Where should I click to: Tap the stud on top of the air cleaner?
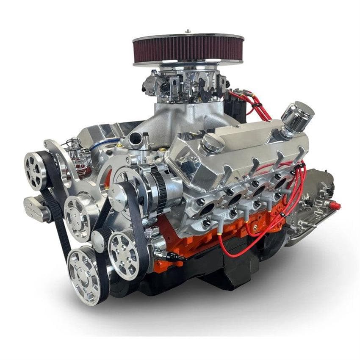[x=188, y=31]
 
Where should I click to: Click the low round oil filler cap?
[x=213, y=144]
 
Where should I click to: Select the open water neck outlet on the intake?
[x=136, y=138]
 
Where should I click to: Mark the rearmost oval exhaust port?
[x=280, y=183]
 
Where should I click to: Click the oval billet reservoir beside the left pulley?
[x=37, y=208]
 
